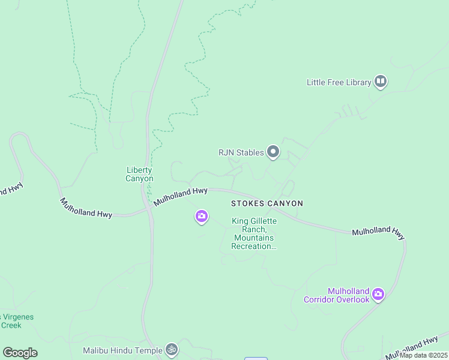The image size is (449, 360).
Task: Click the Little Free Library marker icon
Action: point(380,81)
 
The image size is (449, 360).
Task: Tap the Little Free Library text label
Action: point(339,82)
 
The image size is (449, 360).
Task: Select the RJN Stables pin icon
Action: point(273,152)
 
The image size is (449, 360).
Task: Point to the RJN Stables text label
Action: point(241,152)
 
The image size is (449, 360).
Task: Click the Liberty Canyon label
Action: point(139,174)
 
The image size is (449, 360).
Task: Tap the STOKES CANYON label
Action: point(267,203)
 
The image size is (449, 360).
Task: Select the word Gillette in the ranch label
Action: point(264,221)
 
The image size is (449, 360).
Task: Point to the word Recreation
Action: point(254,246)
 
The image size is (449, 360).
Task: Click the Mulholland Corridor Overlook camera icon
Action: point(378,293)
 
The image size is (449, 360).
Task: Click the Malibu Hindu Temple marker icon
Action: point(172,349)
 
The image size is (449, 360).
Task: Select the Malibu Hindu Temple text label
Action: point(122,350)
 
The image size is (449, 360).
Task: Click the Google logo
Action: point(20,352)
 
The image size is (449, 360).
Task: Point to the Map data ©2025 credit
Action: point(424,355)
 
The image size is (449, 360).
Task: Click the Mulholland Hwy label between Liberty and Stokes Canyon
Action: point(180,196)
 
